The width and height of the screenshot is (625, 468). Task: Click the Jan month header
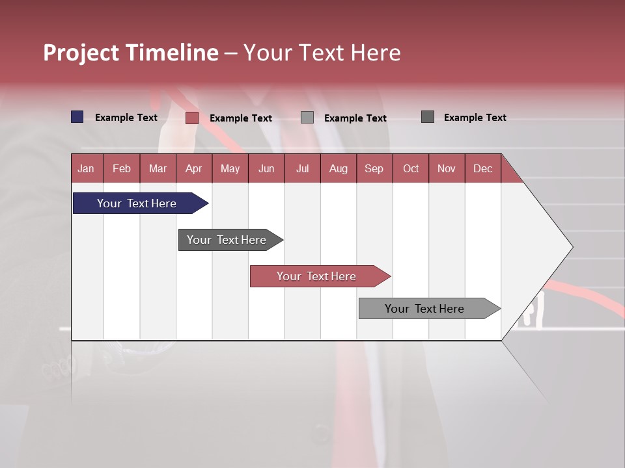click(87, 168)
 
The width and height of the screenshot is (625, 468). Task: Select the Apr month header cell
click(194, 168)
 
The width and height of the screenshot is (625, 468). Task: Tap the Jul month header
click(302, 168)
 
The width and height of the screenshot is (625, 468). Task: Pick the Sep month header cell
click(374, 168)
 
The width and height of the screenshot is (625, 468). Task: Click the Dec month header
click(482, 168)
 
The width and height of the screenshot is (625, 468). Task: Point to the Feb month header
click(122, 168)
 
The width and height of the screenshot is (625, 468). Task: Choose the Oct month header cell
click(411, 168)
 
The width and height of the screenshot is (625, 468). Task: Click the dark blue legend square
click(77, 117)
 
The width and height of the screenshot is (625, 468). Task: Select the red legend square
click(192, 118)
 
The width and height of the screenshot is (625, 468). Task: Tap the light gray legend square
click(307, 118)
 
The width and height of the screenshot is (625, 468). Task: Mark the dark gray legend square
click(428, 117)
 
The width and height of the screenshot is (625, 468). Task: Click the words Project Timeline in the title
click(130, 53)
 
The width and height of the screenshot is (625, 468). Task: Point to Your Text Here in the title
click(322, 53)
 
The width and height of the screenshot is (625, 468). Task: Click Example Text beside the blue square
click(126, 118)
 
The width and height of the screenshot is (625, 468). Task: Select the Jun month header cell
click(266, 168)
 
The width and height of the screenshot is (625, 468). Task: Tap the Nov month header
click(447, 168)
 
